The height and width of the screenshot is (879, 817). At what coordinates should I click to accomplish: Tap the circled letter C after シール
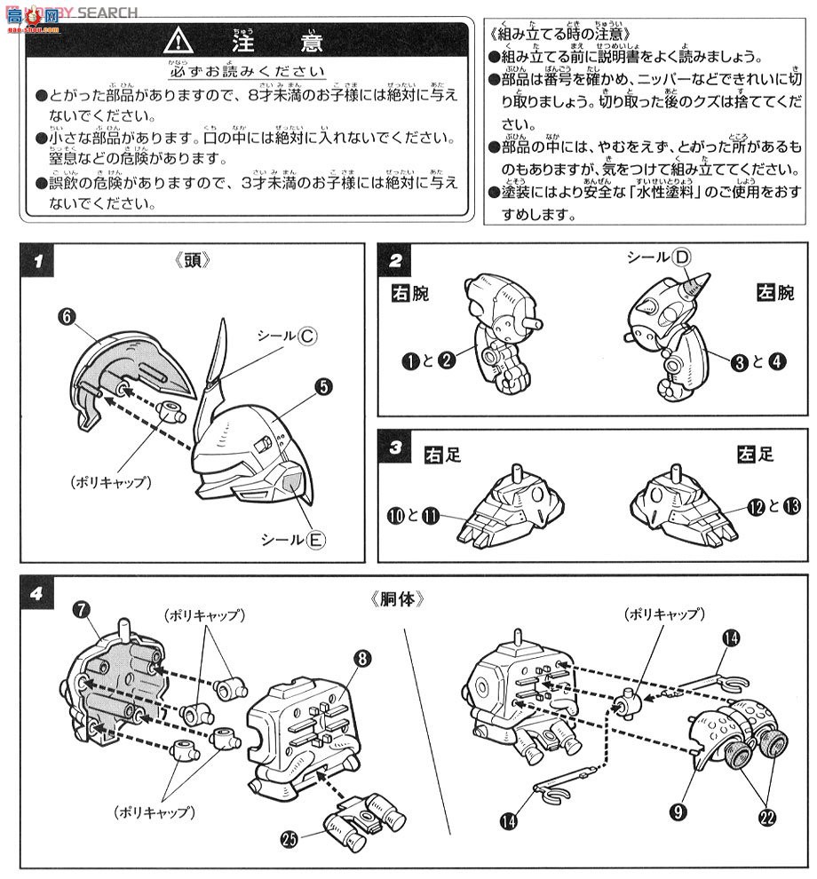tap(307, 337)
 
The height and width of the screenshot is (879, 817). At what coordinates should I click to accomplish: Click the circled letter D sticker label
tap(681, 257)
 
